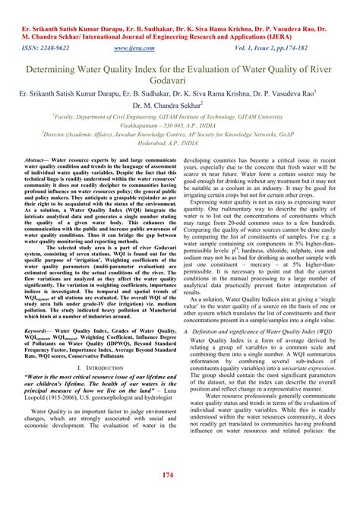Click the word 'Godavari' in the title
pyautogui.click(x=179, y=80)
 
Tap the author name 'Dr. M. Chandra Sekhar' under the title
pyautogui.click(x=177, y=106)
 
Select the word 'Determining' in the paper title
pyautogui.click(x=56, y=68)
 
